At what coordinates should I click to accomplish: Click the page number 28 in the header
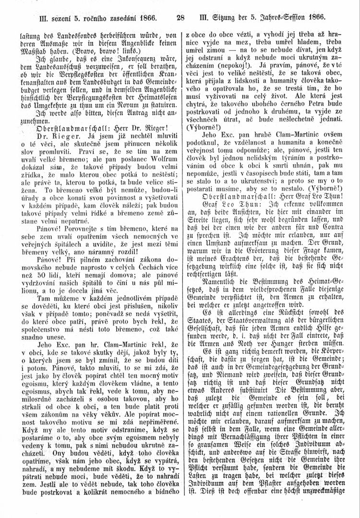180,19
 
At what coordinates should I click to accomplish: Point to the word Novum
118,118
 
